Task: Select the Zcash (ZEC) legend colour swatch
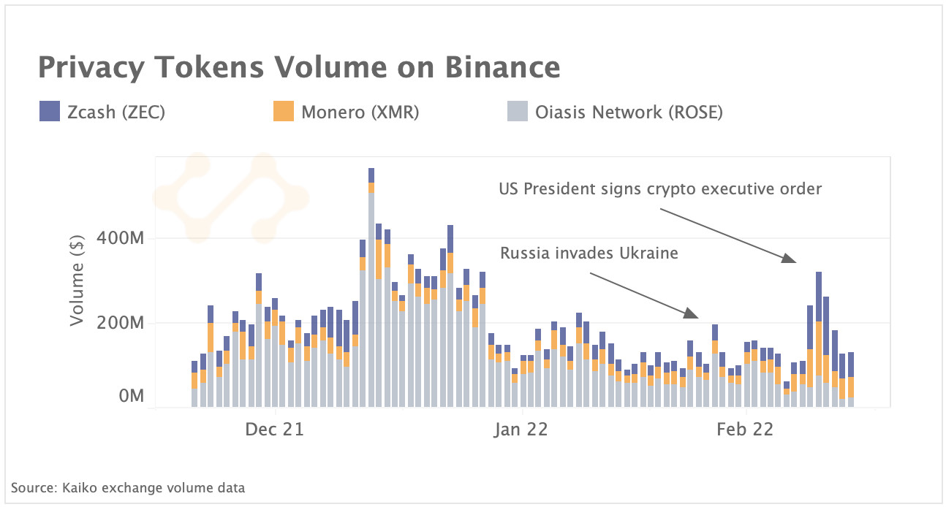tap(49, 112)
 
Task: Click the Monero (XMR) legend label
tap(360, 113)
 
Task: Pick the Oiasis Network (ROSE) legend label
tap(629, 113)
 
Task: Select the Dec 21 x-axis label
tap(275, 430)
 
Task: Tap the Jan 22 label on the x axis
tap(521, 430)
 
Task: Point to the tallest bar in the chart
tap(371, 292)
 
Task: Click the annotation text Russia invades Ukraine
tap(589, 254)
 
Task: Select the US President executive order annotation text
tap(660, 189)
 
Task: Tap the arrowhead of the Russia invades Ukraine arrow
tap(693, 315)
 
